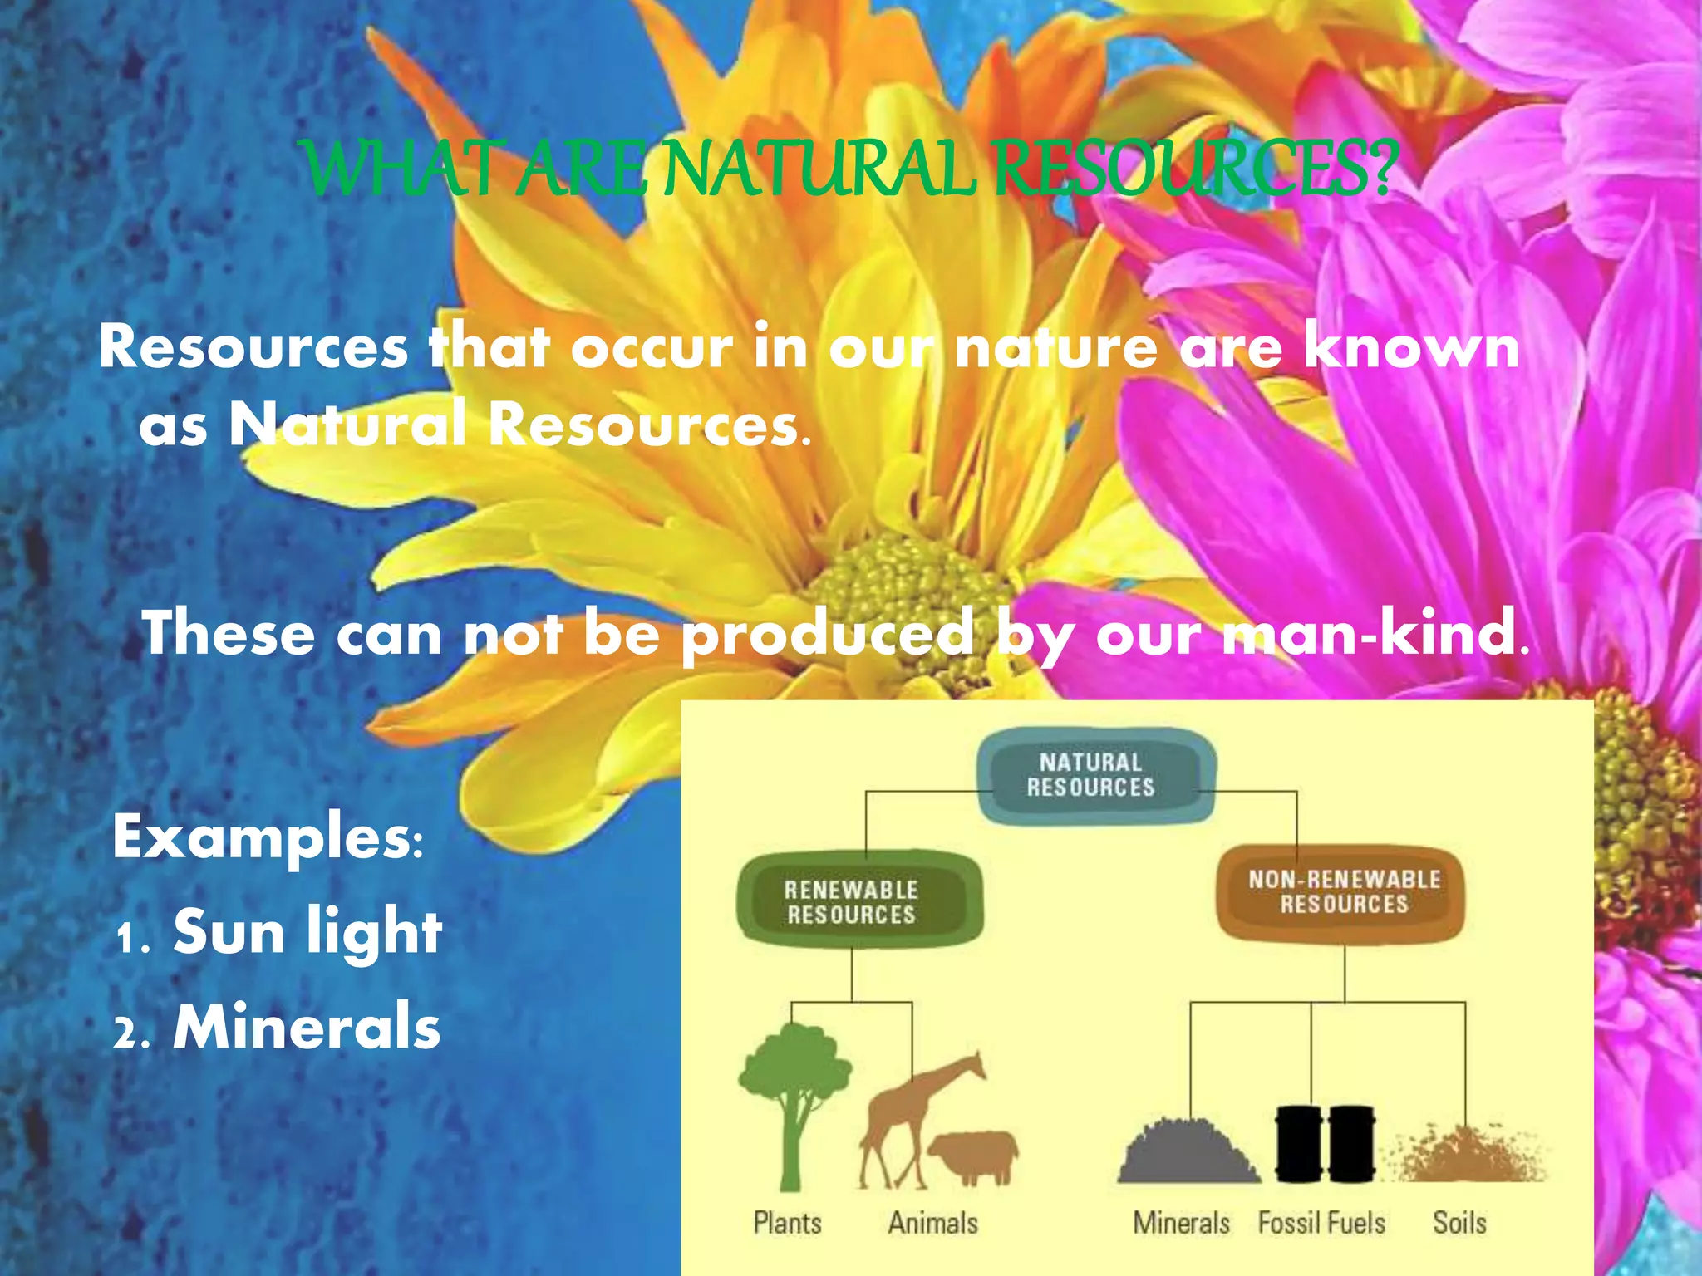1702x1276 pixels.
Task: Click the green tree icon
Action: (794, 1097)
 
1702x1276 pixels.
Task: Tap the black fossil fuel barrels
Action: (1325, 1143)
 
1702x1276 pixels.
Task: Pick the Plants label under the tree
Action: (787, 1223)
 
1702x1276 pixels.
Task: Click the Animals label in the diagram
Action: (933, 1223)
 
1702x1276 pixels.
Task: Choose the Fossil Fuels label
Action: (1321, 1223)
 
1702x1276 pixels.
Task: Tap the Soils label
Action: (1459, 1223)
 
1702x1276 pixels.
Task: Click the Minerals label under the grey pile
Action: (1182, 1223)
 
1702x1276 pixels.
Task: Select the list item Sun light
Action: (307, 932)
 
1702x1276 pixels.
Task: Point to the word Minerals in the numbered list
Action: (307, 1028)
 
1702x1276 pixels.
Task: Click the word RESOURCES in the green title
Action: (1193, 170)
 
